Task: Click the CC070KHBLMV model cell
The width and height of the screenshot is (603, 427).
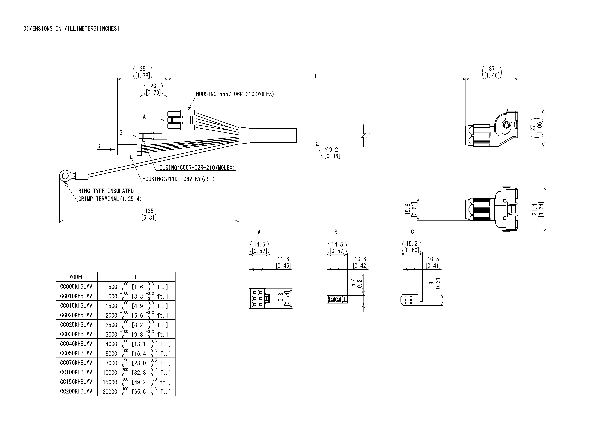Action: (x=76, y=363)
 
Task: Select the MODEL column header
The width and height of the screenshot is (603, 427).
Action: (x=76, y=277)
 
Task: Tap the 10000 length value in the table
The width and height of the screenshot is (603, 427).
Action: (x=110, y=373)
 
